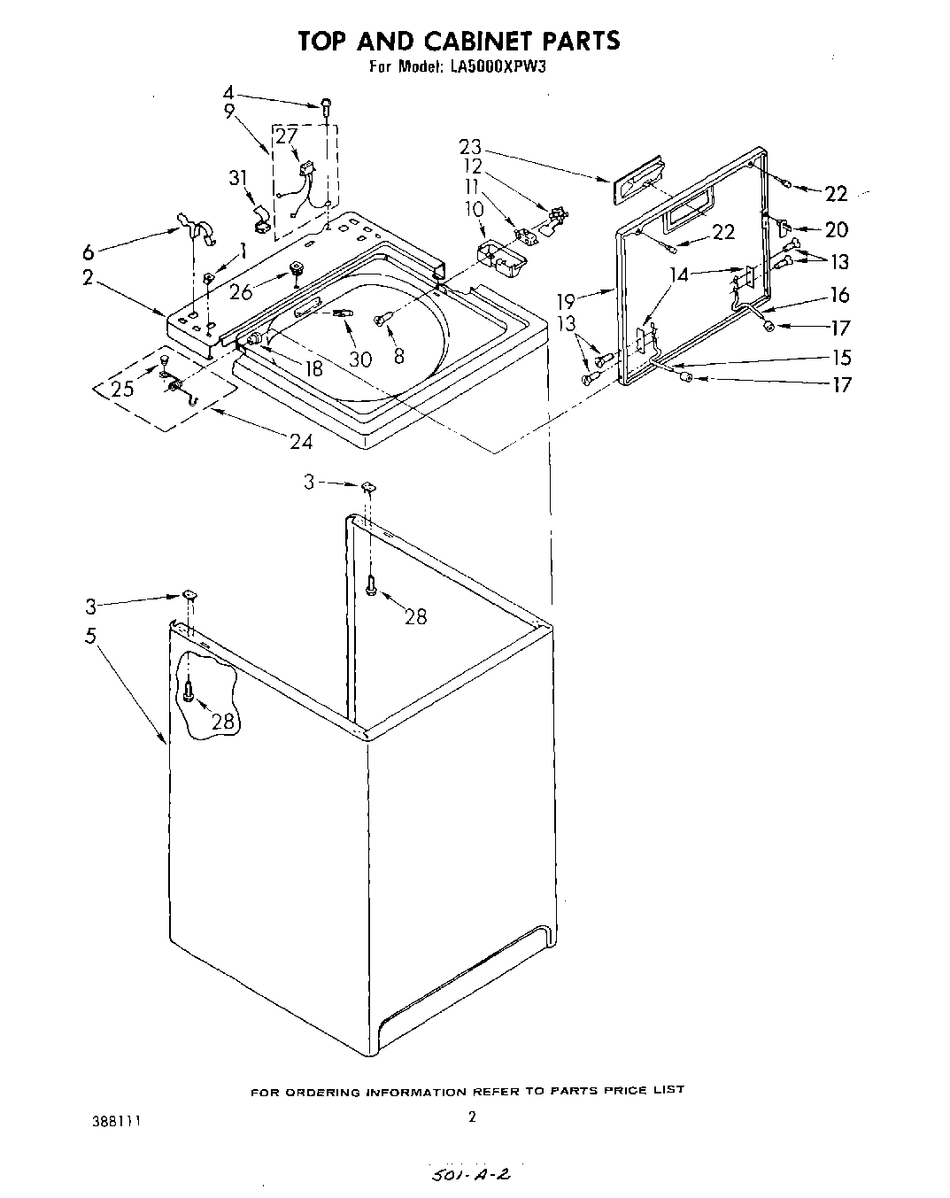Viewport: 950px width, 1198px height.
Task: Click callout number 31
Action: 236,178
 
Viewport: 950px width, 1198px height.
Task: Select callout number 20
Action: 836,229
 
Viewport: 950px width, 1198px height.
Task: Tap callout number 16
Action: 839,294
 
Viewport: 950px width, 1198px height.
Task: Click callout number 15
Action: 841,357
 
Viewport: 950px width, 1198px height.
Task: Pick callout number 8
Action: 399,355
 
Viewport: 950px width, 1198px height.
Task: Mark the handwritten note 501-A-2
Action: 469,1175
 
